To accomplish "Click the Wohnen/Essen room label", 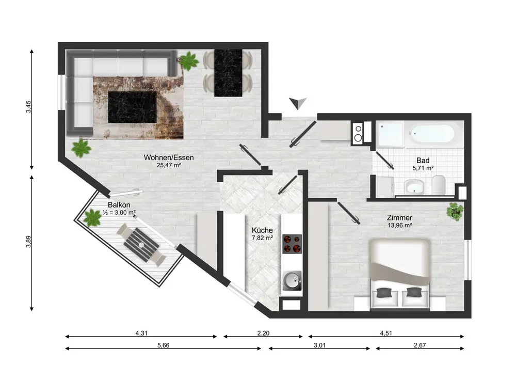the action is point(169,157).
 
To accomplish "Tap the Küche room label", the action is point(262,230).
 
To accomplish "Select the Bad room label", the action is point(423,160).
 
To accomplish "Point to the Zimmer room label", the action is point(399,217).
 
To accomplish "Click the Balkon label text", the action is point(119,205).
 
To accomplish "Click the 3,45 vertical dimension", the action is point(28,107).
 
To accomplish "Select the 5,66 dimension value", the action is point(163,345).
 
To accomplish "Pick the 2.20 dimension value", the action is point(263,333).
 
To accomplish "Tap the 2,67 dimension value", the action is point(420,345).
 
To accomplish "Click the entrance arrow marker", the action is point(298,103).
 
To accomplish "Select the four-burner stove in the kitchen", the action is point(292,244).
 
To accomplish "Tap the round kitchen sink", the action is point(292,280).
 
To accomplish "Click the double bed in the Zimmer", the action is point(399,275).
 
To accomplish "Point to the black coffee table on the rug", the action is point(132,107).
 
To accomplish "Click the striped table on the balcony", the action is point(141,243).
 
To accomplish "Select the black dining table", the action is point(228,73).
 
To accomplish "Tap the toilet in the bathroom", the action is point(439,185).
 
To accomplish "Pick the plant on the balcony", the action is point(92,217).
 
